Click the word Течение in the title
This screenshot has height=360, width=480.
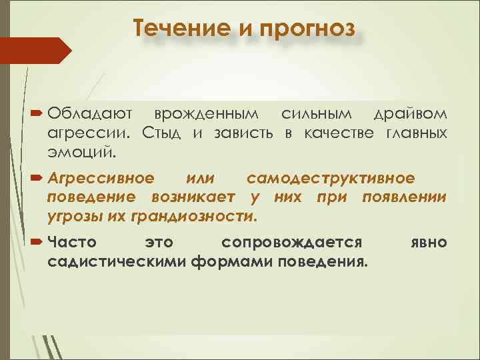(173, 29)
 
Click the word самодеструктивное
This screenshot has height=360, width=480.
(330, 179)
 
